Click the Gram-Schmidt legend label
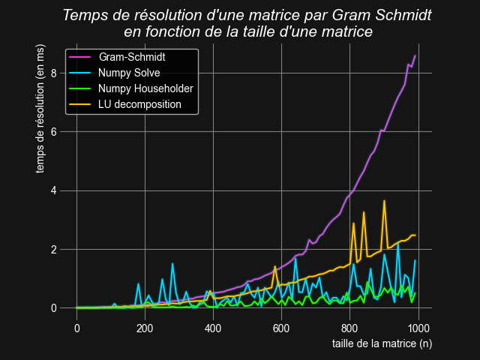point(132,57)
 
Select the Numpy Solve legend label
point(129,73)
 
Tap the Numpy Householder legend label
point(145,88)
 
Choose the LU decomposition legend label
point(139,104)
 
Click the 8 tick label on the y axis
point(54,73)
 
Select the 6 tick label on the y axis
point(54,131)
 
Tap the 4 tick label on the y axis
point(54,190)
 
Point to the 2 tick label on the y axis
point(54,249)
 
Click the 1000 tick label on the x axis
point(418,328)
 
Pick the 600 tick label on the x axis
point(281,328)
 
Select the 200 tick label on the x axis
point(145,328)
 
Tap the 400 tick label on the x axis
point(213,328)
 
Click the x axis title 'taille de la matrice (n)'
point(382,343)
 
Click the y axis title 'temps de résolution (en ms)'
point(41,107)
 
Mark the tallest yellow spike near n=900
point(384,201)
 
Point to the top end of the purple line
point(415,55)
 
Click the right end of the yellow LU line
point(415,235)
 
